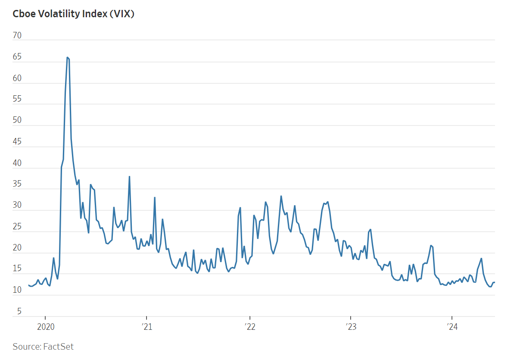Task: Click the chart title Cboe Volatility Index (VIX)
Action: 74,14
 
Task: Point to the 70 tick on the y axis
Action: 17,36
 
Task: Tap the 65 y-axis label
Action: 17,57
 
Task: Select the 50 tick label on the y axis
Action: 17,121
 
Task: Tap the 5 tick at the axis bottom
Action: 19,311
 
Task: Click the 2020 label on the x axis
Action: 45,326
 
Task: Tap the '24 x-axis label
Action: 452,326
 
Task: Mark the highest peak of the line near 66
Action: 67,57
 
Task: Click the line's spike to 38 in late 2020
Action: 129,176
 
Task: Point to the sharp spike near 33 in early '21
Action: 155,197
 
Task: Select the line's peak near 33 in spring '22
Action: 281,196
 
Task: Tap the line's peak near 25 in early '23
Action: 370,229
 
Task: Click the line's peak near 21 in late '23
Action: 431,245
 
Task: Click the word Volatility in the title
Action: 58,14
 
